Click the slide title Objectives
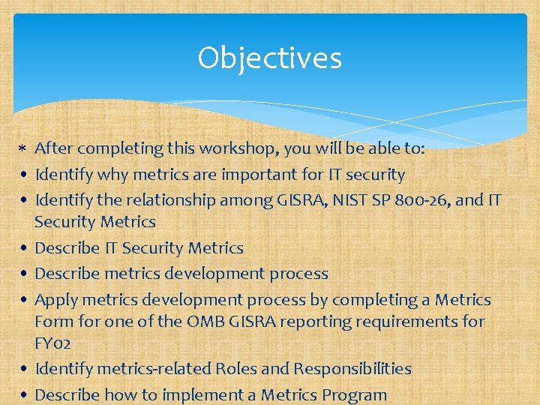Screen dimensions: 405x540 [269, 58]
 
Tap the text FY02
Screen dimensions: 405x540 [53, 343]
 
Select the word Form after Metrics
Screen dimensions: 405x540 [55, 322]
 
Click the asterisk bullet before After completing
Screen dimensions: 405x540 [22, 149]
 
